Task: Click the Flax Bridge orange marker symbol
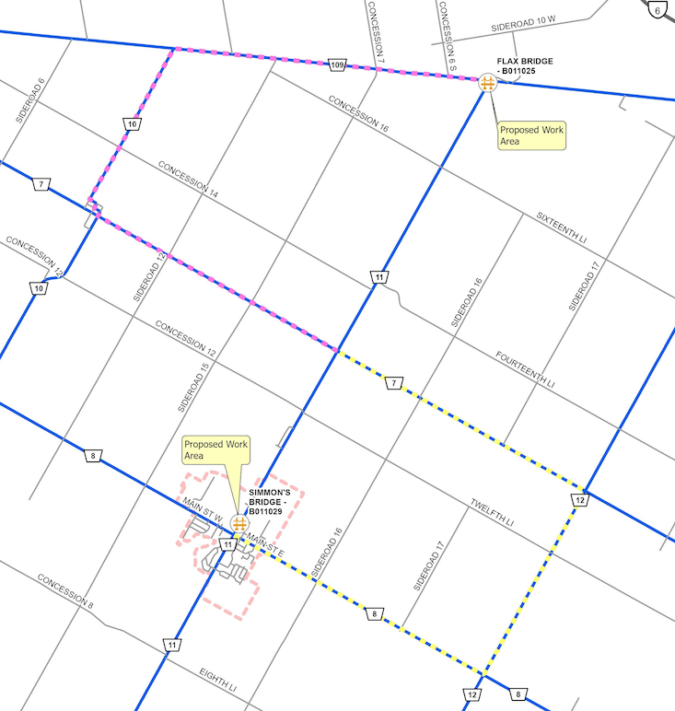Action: (488, 82)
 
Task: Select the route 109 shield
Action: (337, 64)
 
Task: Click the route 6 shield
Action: (658, 9)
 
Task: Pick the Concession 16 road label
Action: (365, 114)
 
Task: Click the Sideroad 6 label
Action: (30, 100)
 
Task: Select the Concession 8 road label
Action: (66, 592)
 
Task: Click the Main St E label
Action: (267, 549)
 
